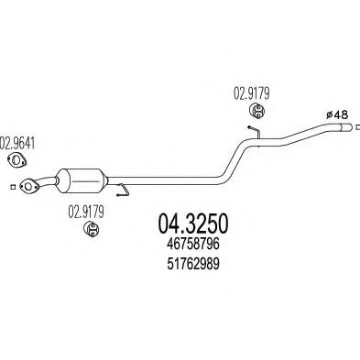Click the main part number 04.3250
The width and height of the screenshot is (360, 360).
[x=193, y=224]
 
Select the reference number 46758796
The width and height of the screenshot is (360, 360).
[x=193, y=245]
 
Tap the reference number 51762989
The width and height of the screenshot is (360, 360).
[x=193, y=264]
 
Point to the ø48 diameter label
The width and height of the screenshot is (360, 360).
[x=337, y=115]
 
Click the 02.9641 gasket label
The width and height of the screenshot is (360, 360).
[x=17, y=143]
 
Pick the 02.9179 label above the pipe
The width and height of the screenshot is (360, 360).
[x=252, y=93]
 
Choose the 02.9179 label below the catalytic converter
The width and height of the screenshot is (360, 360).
[x=86, y=212]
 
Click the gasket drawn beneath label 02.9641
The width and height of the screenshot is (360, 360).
[x=16, y=161]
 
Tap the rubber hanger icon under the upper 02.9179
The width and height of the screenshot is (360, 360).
[x=256, y=111]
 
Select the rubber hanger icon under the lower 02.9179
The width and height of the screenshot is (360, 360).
[x=91, y=229]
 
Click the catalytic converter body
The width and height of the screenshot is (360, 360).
[x=82, y=180]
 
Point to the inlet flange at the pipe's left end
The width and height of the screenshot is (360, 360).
[x=29, y=186]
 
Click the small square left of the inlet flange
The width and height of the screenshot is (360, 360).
[x=13, y=187]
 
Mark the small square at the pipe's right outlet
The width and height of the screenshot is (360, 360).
[x=358, y=127]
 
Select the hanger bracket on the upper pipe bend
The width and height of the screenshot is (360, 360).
[x=255, y=132]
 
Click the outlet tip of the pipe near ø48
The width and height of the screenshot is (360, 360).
[x=345, y=127]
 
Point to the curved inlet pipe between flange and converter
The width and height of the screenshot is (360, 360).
[x=48, y=181]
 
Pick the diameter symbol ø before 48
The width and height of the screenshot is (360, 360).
[x=329, y=115]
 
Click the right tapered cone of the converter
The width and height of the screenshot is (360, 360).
[x=104, y=180]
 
